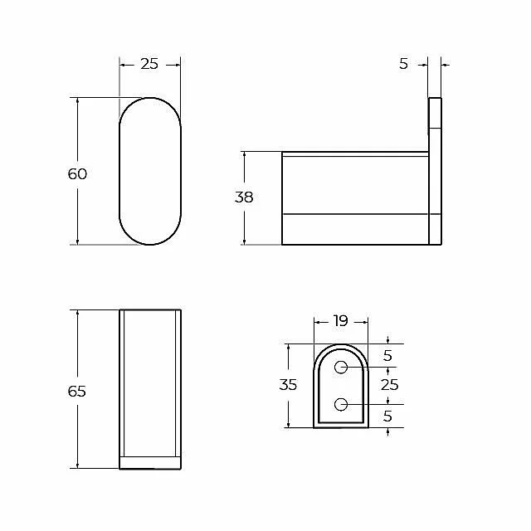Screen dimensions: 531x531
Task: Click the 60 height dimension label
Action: (77, 173)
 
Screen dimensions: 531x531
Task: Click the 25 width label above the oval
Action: (149, 64)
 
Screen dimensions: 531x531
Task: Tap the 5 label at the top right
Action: (403, 64)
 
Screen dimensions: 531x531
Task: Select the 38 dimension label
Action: (244, 197)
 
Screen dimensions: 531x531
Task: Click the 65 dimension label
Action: (77, 391)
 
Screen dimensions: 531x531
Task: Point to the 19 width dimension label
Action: (340, 321)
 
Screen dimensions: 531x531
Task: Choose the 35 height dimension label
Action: (288, 385)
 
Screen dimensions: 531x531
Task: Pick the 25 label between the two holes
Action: (389, 385)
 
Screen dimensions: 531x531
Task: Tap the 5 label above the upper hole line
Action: (387, 356)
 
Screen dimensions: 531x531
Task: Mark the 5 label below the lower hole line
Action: (387, 416)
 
